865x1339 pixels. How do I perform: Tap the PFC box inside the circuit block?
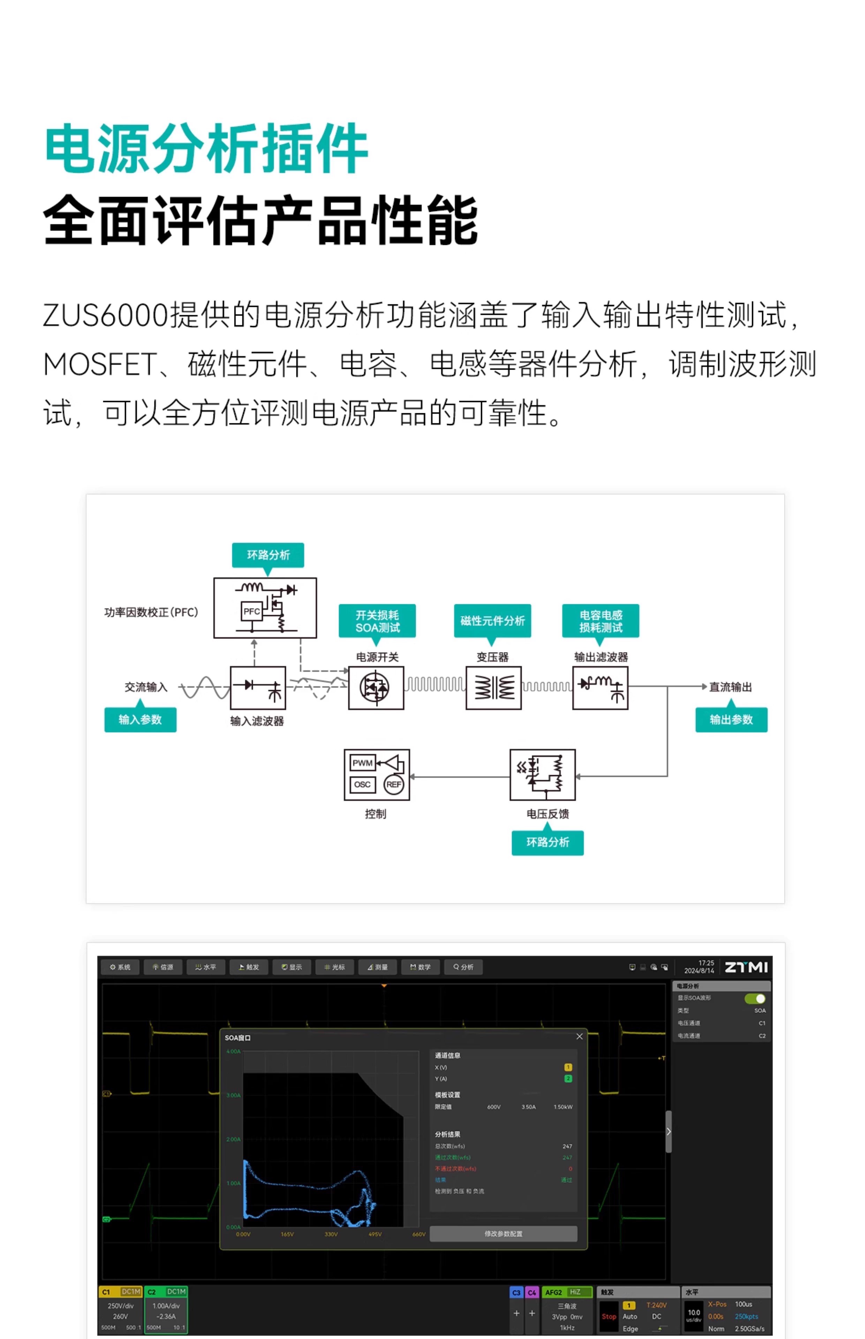click(x=251, y=611)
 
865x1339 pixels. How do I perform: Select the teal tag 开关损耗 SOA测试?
click(x=377, y=621)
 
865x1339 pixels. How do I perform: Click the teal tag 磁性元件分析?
click(x=492, y=621)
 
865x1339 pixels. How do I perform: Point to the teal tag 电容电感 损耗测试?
click(x=601, y=621)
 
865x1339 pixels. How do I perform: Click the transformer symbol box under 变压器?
click(x=493, y=688)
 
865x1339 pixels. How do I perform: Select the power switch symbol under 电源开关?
click(x=376, y=688)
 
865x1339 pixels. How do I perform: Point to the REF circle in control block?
click(x=394, y=784)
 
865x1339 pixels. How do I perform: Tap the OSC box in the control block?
click(x=362, y=784)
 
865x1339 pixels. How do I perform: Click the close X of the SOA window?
click(x=579, y=1036)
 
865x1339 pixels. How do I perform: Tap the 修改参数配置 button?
click(x=503, y=1233)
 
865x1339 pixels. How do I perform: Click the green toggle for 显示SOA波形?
click(x=754, y=998)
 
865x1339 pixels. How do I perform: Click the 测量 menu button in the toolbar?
click(x=377, y=967)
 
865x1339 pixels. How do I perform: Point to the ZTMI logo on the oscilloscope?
click(x=746, y=967)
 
